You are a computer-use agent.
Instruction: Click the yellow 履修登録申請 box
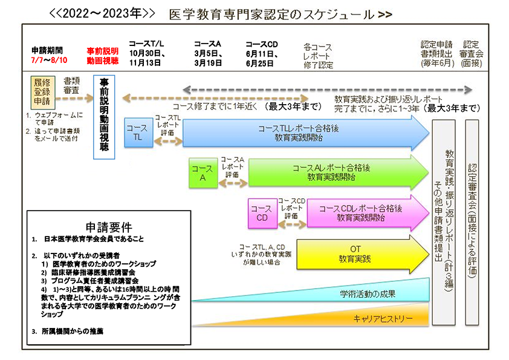(x=42, y=91)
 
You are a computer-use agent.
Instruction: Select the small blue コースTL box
(x=138, y=133)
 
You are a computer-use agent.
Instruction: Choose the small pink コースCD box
(x=262, y=213)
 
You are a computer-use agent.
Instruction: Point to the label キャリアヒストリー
(x=387, y=318)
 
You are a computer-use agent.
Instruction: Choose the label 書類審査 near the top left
(x=73, y=84)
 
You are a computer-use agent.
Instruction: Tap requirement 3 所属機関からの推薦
(x=72, y=332)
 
